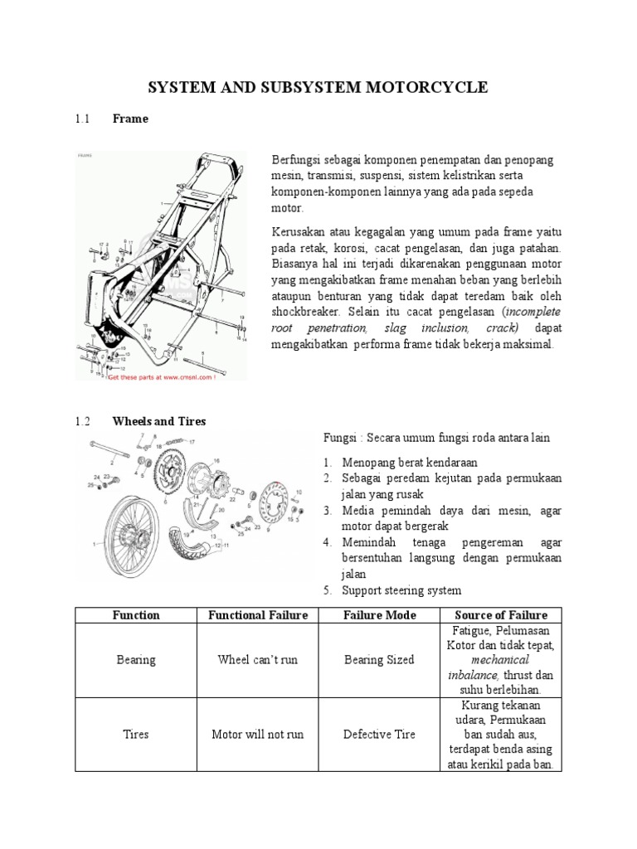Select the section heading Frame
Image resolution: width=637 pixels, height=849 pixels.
(130, 119)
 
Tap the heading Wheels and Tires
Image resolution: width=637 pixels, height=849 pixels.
(159, 421)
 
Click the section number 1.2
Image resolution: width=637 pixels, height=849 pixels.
(81, 421)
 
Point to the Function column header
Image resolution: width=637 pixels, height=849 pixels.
(136, 614)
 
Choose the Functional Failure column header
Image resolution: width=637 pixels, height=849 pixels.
(258, 614)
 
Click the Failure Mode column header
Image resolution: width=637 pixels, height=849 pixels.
(379, 614)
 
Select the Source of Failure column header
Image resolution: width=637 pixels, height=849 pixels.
(500, 614)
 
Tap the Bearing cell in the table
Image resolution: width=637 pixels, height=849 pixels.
(136, 660)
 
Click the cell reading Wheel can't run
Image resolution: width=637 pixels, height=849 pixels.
(258, 660)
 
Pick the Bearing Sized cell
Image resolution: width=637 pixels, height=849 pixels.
(379, 660)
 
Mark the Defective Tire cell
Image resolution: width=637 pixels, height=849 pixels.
(379, 735)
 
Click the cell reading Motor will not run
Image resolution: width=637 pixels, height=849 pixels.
(258, 735)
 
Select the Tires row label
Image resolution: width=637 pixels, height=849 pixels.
(136, 735)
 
